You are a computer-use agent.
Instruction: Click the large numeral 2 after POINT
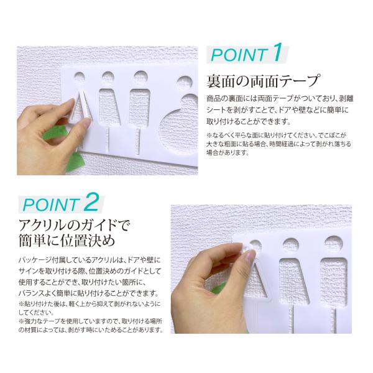pos(91,203)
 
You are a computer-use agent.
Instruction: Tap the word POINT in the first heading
pos(239,55)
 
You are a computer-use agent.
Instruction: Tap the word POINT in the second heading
pos(51,205)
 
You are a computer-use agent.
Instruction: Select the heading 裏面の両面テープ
pos(262,81)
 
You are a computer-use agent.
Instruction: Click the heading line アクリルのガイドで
pos(75,225)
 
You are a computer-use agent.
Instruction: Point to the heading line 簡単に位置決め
pos(67,241)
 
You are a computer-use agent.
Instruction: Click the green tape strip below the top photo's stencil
pos(74,162)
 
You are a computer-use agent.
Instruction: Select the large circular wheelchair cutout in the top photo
pos(178,131)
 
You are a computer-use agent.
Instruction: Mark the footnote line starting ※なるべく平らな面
pos(277,135)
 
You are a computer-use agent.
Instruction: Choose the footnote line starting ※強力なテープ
pos(90,321)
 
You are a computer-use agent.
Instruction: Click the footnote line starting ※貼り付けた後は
pos(90,304)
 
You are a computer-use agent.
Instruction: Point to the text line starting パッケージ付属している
pos(90,260)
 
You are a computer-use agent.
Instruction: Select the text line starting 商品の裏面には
pos(280,98)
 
